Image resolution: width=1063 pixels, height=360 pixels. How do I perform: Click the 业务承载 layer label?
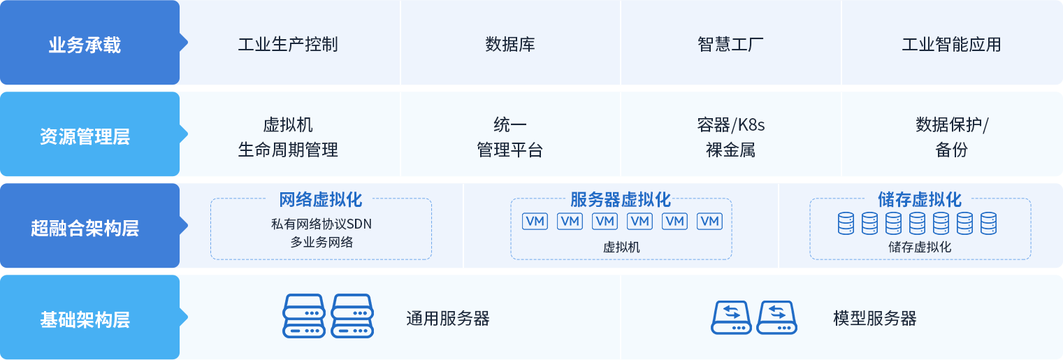85,45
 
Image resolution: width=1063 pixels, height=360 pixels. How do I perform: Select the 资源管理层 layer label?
85,136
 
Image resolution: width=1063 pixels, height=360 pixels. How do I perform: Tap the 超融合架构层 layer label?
85,228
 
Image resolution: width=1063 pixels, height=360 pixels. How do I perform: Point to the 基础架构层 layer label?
85,320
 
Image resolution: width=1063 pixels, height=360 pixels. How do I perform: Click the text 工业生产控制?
288,45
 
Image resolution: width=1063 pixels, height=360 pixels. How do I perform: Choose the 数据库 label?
510,45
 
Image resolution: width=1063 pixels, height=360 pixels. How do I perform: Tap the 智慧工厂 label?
730,45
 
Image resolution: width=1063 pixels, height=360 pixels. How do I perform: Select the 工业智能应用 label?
951,45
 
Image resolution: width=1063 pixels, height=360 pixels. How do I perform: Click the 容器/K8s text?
730,126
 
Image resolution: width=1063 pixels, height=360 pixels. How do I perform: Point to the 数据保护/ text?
952,126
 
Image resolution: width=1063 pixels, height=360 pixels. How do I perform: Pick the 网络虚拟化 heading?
321,200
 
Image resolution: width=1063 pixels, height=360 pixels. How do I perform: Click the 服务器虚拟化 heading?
621,200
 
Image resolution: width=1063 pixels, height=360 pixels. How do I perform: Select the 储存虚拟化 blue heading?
920,200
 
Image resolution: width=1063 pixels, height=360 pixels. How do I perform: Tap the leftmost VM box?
535,222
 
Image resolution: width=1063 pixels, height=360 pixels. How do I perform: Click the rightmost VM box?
710,222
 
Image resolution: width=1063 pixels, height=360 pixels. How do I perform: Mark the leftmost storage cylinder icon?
846,224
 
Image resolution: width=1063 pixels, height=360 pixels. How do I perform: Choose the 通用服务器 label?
448,319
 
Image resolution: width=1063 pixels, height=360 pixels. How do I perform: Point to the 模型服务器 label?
874,319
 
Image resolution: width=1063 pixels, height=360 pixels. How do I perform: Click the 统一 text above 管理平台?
510,126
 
